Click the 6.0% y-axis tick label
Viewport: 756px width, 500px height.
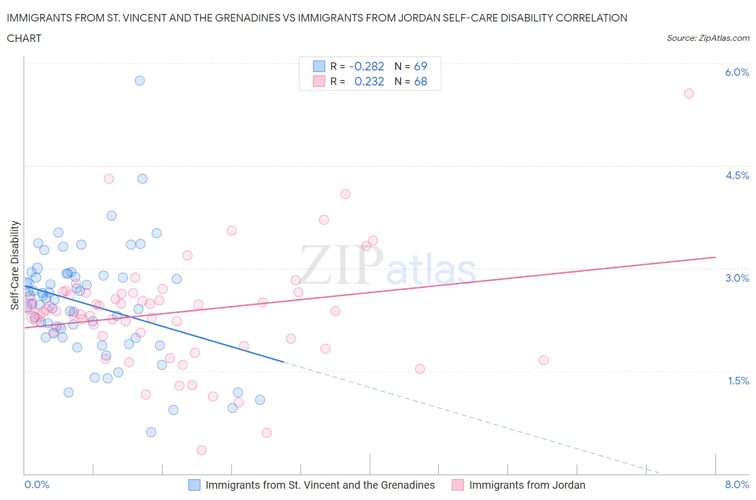pos(737,72)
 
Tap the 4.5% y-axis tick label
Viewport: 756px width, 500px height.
pos(737,175)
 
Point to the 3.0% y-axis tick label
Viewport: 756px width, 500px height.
pos(737,278)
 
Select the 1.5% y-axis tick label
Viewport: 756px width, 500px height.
pos(738,381)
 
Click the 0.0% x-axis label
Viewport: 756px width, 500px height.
pos(37,484)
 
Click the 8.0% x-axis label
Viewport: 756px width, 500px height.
pos(737,484)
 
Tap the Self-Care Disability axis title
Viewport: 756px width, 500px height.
pos(15,266)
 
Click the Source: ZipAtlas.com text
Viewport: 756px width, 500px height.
pos(708,38)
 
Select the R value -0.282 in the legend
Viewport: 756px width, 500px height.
pos(366,66)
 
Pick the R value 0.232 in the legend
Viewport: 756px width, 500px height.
pos(369,81)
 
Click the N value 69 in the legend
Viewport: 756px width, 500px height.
pos(420,66)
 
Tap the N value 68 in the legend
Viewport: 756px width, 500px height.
pos(420,81)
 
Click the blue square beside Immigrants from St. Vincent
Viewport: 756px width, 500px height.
pos(194,485)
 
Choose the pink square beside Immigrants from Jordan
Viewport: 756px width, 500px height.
pos(458,485)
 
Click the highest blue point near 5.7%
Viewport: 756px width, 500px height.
pos(140,81)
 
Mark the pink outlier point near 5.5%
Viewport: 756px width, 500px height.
pos(689,94)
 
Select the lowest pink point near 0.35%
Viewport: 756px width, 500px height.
pos(202,450)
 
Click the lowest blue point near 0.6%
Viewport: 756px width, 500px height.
pos(151,432)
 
